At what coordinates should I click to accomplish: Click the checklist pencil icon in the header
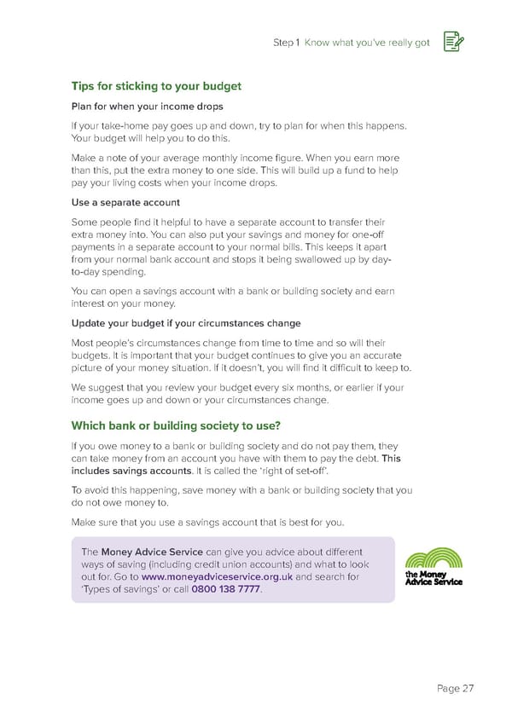click(x=453, y=43)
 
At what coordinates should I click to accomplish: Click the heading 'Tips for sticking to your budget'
click(x=156, y=86)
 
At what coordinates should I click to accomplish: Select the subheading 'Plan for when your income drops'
click(x=147, y=107)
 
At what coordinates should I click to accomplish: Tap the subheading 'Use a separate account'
click(x=125, y=203)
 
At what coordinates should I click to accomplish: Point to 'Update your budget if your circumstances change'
click(x=185, y=323)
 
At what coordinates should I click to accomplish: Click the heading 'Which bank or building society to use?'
click(x=176, y=425)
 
